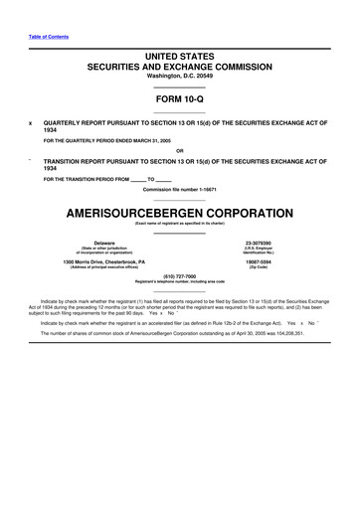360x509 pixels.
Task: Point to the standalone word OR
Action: [179, 150]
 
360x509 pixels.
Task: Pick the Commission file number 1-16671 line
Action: [179, 188]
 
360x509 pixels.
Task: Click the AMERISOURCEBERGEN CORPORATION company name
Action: [179, 213]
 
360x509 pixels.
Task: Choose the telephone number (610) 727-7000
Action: [179, 276]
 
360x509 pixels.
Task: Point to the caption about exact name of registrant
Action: [179, 225]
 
